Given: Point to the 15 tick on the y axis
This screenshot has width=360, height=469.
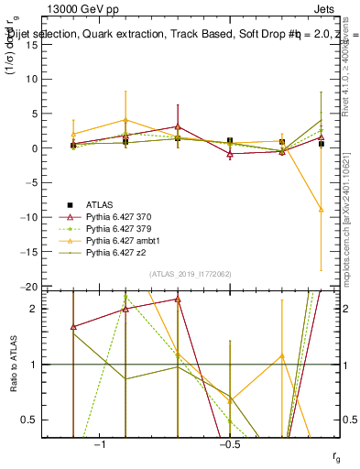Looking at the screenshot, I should (x=49, y=45).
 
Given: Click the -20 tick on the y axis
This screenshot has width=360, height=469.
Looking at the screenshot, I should (x=47, y=287).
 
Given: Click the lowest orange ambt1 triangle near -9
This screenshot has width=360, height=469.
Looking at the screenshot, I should (x=321, y=210).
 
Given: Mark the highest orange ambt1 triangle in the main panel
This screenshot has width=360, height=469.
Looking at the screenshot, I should (x=125, y=120).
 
